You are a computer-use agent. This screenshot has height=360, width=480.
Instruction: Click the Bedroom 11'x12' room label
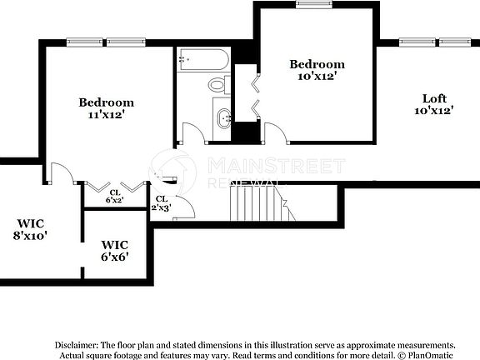point(106,108)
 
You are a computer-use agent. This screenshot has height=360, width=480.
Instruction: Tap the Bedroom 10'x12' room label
point(317,70)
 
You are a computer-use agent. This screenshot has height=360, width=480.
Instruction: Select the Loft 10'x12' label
point(434,103)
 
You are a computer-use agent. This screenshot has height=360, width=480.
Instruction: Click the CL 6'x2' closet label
point(114,196)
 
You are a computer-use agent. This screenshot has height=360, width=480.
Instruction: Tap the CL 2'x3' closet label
point(161,202)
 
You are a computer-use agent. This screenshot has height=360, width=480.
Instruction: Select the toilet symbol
point(217,83)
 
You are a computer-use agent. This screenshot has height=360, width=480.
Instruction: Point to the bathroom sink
point(223,117)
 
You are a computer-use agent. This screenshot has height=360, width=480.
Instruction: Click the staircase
point(262,202)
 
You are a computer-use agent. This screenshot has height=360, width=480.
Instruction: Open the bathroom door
point(192,134)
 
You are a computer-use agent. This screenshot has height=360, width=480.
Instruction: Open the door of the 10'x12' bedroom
point(274,132)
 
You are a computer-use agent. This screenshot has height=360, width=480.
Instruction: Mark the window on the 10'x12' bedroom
point(313,4)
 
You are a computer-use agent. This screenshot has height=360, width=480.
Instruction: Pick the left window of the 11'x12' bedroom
point(82,42)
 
